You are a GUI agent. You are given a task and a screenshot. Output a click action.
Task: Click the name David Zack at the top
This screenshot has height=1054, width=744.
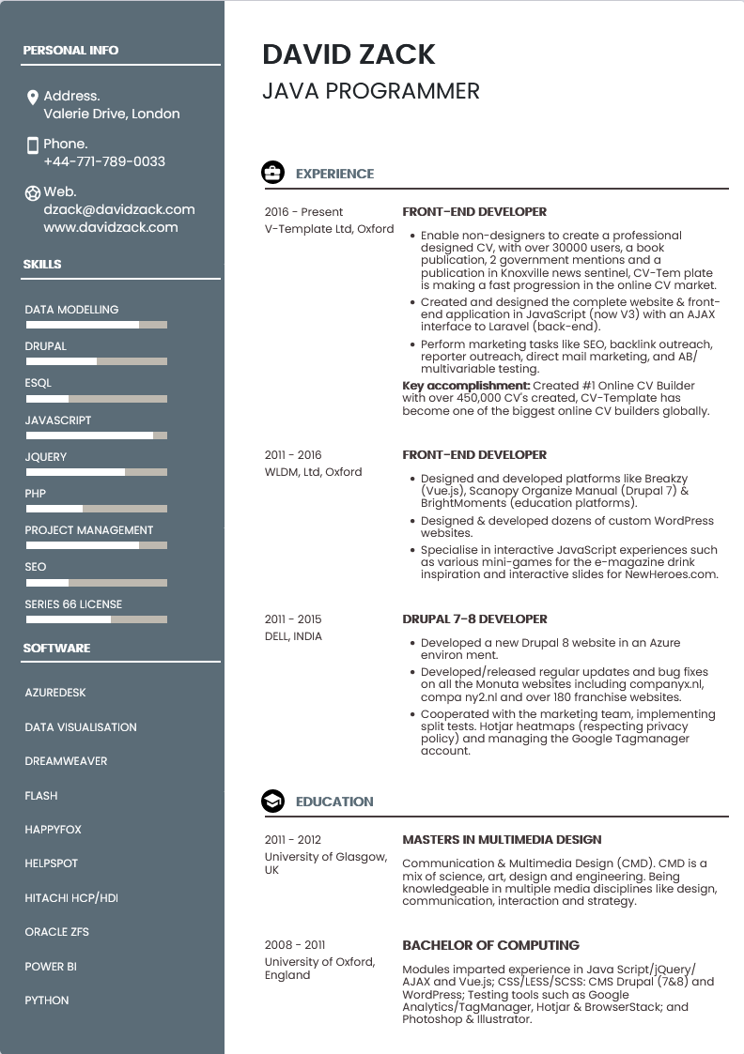[349, 54]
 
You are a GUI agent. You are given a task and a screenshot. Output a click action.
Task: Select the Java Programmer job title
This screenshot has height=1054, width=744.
[371, 91]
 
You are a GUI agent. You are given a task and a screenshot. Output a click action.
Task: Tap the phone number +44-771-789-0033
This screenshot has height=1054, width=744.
[104, 161]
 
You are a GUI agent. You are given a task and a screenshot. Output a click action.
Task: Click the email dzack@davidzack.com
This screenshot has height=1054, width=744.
[119, 209]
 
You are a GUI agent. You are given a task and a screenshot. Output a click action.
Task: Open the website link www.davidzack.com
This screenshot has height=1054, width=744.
[111, 227]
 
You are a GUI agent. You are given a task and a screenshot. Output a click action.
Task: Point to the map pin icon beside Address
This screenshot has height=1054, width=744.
[33, 97]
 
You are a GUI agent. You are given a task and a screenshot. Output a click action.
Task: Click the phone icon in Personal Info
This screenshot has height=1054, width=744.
[33, 145]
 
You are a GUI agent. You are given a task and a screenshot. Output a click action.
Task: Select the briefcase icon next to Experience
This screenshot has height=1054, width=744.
[272, 173]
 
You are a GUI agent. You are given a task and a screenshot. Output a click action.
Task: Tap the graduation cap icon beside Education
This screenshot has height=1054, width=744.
[272, 802]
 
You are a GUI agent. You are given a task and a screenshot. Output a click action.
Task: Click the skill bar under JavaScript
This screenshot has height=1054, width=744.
[96, 435]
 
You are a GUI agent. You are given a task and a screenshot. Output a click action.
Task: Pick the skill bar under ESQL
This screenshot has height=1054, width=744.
[96, 399]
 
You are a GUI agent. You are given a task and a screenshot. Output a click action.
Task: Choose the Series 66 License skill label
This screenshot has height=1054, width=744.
[73, 604]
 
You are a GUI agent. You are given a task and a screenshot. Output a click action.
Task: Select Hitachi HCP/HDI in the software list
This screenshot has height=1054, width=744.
[71, 898]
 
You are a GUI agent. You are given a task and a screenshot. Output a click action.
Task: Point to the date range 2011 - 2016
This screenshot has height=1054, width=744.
[293, 455]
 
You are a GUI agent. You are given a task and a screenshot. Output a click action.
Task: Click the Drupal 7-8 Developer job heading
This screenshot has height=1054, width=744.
[474, 619]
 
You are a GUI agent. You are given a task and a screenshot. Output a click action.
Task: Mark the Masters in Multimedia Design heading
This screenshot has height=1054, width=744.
[502, 840]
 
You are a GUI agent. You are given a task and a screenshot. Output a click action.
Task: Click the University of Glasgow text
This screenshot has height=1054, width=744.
[325, 857]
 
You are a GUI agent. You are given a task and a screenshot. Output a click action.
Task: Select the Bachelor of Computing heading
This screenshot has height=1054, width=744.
[490, 945]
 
